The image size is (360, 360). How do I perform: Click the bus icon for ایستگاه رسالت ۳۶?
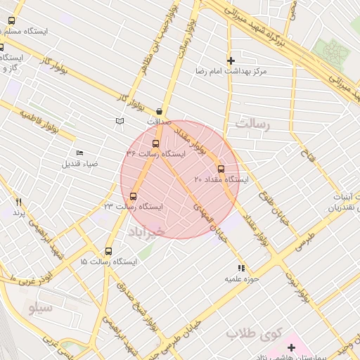click(155, 143)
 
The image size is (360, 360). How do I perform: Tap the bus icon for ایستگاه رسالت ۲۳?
click(134, 196)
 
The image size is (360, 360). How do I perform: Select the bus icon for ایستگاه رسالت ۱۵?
click(108, 251)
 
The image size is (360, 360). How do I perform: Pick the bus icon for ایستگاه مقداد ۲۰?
click(221, 169)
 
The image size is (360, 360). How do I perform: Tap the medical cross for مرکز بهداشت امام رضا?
click(231, 61)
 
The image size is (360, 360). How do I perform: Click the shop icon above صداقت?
click(160, 111)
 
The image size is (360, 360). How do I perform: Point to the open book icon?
click(120, 122)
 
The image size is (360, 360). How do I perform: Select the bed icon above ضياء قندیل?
click(79, 153)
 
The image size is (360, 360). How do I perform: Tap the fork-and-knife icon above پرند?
click(19, 202)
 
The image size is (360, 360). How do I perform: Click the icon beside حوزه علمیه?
click(241, 268)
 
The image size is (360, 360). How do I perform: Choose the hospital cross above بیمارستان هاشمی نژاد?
click(291, 347)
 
